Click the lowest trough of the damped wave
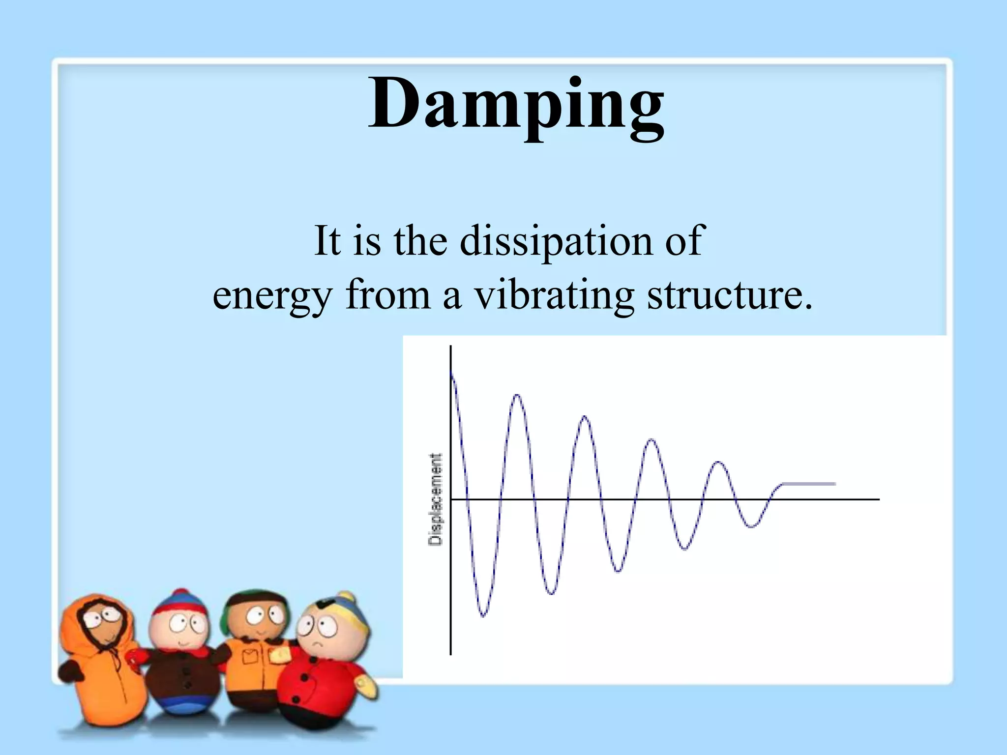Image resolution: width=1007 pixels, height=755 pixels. tap(483, 615)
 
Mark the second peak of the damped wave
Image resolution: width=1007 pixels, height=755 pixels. tap(517, 396)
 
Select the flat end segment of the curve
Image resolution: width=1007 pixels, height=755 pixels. tap(809, 484)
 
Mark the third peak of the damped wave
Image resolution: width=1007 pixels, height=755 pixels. tap(585, 417)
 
